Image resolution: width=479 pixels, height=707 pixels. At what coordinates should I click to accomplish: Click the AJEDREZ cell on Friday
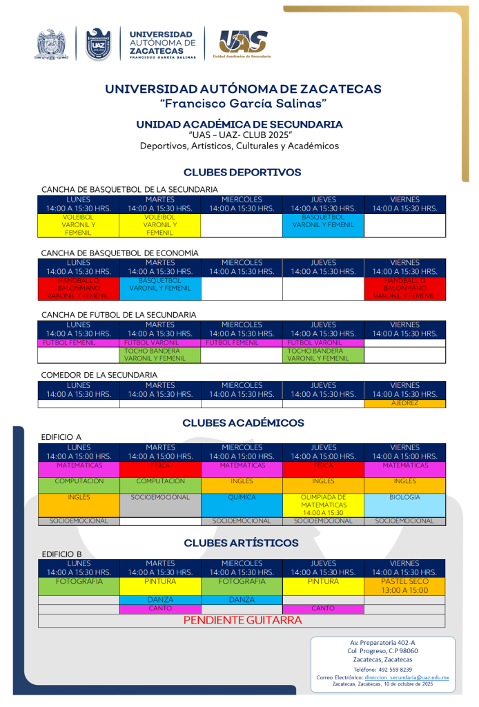click(404, 403)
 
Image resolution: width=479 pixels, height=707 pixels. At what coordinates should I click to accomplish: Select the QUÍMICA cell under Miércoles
click(242, 504)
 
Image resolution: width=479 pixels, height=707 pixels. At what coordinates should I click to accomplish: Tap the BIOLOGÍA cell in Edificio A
click(404, 504)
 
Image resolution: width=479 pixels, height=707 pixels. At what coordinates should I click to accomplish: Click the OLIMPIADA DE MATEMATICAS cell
click(323, 505)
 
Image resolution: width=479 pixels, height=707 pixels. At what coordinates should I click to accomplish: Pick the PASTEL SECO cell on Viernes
click(404, 586)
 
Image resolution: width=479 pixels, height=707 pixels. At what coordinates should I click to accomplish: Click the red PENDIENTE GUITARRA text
click(242, 620)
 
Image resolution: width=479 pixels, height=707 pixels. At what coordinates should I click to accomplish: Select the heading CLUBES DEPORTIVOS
click(242, 172)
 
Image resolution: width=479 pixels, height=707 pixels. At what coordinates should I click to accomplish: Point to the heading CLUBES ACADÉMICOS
click(243, 423)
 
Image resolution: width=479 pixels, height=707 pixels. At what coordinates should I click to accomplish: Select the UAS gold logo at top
click(241, 44)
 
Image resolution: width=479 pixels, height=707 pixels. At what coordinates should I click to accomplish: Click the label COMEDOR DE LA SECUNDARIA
click(99, 375)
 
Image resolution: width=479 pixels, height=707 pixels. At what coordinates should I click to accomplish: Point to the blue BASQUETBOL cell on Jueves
click(323, 221)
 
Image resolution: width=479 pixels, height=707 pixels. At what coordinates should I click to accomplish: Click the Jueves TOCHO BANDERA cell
click(323, 354)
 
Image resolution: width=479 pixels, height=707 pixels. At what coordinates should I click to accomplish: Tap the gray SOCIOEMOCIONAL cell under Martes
click(160, 505)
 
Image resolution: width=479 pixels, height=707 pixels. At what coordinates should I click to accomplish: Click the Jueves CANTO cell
click(323, 608)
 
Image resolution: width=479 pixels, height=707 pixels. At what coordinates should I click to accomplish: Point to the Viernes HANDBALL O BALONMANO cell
click(404, 289)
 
